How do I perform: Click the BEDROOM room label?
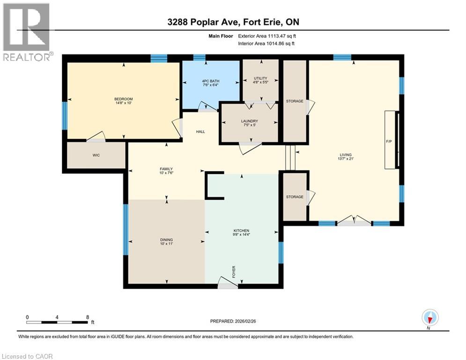pyautogui.click(x=124, y=99)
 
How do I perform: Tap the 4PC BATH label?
pyautogui.click(x=211, y=81)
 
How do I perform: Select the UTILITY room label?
pyautogui.click(x=261, y=78)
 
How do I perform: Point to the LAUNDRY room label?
pyautogui.click(x=249, y=121)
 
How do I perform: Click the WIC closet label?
pyautogui.click(x=96, y=155)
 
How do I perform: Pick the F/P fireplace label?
pyautogui.click(x=389, y=141)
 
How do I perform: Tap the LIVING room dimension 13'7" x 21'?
pyautogui.click(x=346, y=159)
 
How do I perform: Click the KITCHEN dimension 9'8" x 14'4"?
pyautogui.click(x=241, y=234)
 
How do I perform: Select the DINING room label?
pyautogui.click(x=166, y=240)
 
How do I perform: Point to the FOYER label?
pyautogui.click(x=234, y=272)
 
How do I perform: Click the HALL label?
pyautogui.click(x=200, y=132)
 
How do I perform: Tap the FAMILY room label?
pyautogui.click(x=166, y=169)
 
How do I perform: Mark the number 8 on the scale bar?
pyautogui.click(x=88, y=317)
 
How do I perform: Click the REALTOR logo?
pyautogui.click(x=27, y=32)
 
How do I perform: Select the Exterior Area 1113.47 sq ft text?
pyautogui.click(x=267, y=36)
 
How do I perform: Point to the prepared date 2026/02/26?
pyautogui.click(x=245, y=321)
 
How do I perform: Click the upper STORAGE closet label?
pyautogui.click(x=295, y=101)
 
